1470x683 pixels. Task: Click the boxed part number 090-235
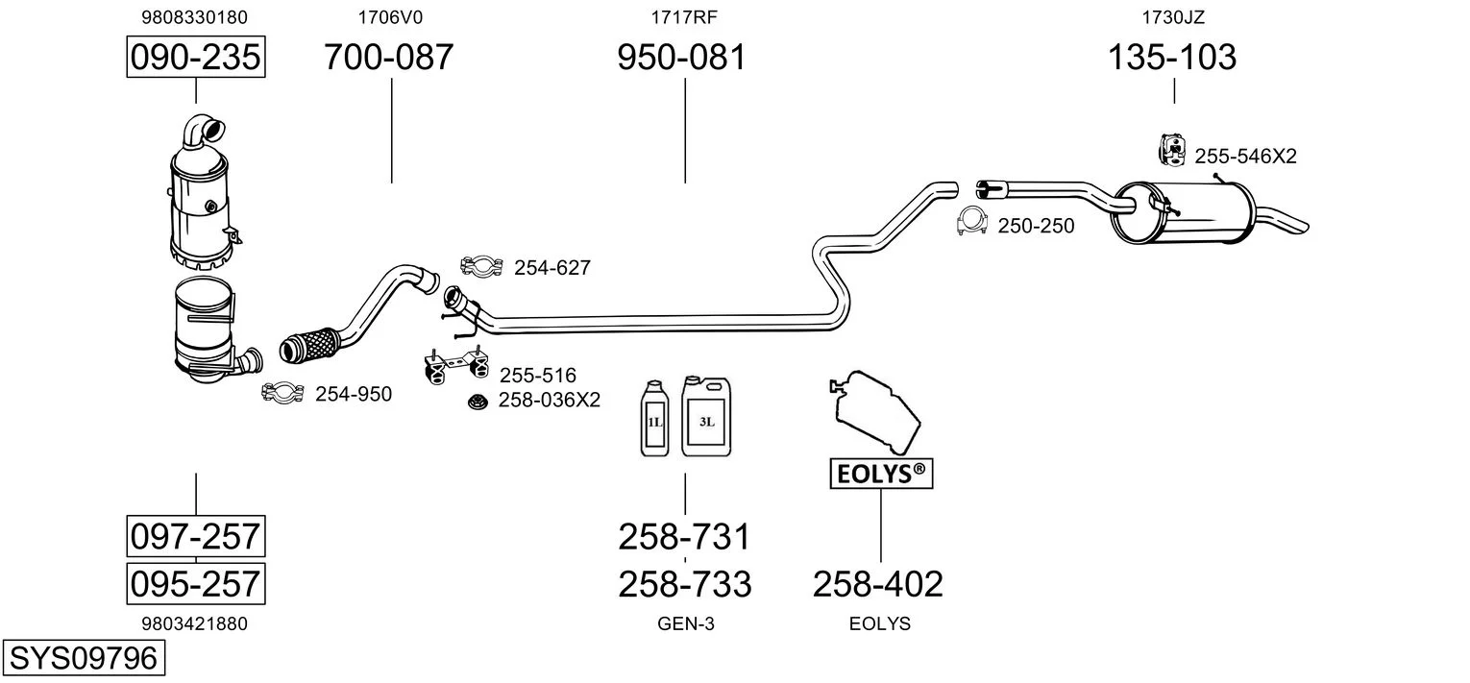(x=196, y=58)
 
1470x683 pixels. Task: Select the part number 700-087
(x=388, y=58)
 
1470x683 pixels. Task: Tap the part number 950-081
(x=681, y=58)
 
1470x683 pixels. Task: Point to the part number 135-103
(x=1172, y=58)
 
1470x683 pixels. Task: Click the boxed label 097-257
(x=196, y=535)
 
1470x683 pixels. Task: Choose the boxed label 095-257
(x=196, y=583)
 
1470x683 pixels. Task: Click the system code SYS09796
(x=83, y=658)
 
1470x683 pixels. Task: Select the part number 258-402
(x=878, y=583)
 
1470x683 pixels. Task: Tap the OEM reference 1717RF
(x=684, y=16)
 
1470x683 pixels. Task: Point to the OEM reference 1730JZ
(x=1173, y=16)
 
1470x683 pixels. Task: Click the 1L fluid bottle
(x=655, y=419)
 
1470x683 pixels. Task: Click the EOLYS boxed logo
(x=881, y=473)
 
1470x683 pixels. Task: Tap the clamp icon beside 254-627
(x=481, y=267)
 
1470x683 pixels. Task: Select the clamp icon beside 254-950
(x=282, y=392)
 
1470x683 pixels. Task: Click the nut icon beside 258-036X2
(x=476, y=401)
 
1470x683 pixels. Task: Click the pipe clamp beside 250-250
(x=973, y=222)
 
